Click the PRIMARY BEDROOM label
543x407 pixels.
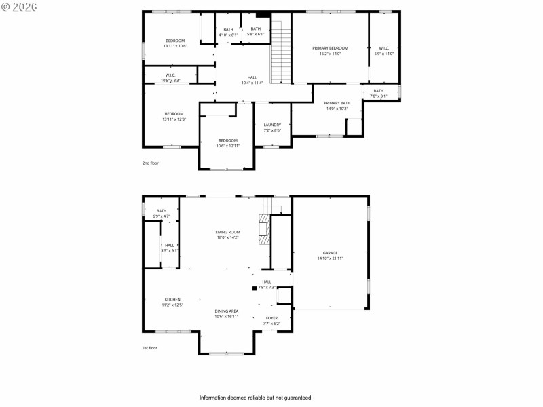point(330,48)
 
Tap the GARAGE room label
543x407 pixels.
point(330,253)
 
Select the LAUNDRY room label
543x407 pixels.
point(272,125)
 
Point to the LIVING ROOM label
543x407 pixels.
point(227,232)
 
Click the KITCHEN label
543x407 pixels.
point(172,299)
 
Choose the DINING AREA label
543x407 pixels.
point(227,311)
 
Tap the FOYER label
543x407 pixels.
point(271,317)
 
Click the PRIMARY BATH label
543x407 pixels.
point(337,103)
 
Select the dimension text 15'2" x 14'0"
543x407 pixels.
point(330,54)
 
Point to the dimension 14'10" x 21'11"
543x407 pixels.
point(330,258)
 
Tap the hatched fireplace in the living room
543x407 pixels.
point(263,231)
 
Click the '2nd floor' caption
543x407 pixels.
point(150,163)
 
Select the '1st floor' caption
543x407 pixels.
point(149,348)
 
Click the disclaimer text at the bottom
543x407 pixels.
point(255,398)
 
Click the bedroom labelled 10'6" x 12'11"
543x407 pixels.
point(227,143)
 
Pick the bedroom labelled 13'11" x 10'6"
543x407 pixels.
point(175,43)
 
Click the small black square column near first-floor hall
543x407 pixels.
point(255,288)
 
